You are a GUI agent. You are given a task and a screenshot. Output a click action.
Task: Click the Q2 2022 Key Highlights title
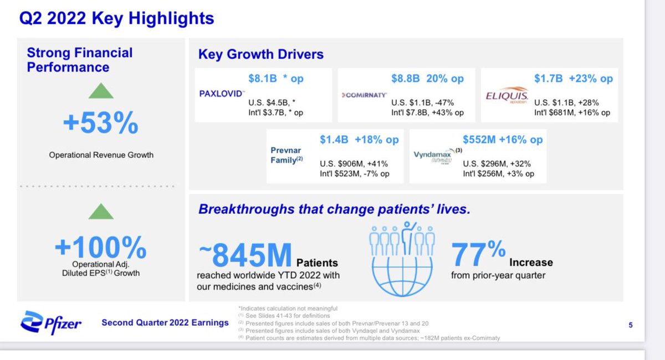116,18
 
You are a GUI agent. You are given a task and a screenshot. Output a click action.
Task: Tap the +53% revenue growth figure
100,124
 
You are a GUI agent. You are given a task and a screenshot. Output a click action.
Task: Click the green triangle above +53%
101,90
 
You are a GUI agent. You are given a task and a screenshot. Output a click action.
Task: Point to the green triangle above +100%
101,211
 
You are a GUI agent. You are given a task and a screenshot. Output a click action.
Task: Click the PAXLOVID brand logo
221,94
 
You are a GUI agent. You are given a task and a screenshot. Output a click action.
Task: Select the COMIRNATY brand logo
362,95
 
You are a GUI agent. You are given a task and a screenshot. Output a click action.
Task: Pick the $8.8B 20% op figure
427,79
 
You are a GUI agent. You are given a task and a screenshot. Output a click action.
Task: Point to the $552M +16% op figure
503,140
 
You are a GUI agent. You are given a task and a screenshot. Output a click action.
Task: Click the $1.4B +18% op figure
359,140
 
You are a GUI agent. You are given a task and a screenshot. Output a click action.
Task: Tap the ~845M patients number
245,255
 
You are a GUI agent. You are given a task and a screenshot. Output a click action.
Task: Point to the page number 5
631,326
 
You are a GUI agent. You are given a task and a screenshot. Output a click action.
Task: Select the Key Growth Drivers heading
261,54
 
